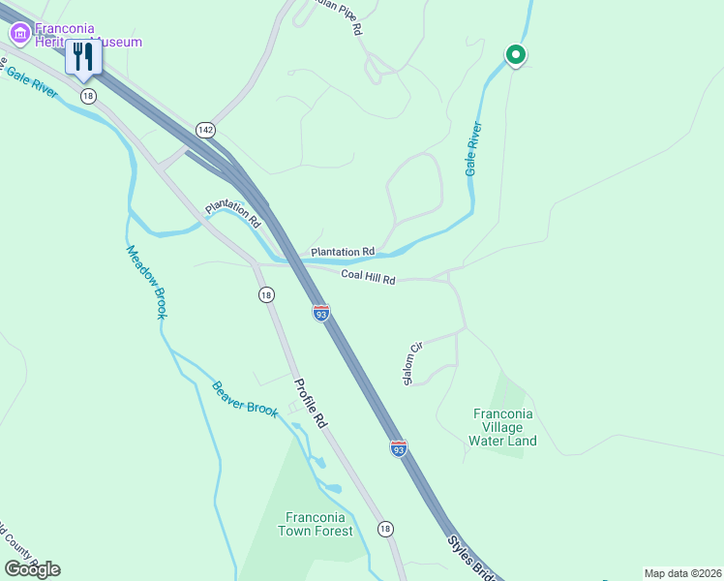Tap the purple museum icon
point(18,34)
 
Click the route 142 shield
point(204,130)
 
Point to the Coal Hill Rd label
point(368,279)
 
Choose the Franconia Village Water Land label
point(502,427)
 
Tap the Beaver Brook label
point(244,398)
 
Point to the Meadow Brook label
point(146,282)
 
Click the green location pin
point(516,55)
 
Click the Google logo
point(32,568)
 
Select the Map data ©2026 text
point(681,573)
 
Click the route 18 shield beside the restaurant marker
point(88,95)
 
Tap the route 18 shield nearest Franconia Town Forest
point(385,528)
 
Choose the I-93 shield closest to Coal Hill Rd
point(321,312)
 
